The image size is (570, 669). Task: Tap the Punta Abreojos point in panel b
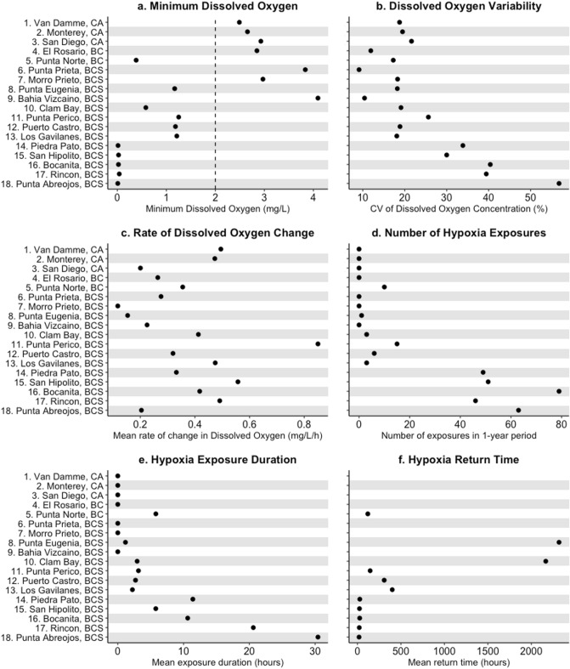coord(559,183)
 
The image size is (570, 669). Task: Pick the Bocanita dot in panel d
coord(559,391)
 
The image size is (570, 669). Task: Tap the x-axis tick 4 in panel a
coord(313,198)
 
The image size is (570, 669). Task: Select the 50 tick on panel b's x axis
coord(530,198)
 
